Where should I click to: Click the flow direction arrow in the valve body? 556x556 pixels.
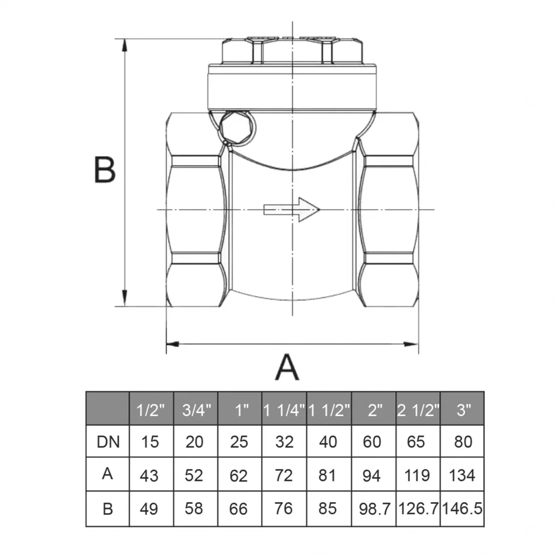(291, 210)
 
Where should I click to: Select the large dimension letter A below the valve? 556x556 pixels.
(287, 368)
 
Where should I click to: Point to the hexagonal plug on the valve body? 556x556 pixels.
(237, 128)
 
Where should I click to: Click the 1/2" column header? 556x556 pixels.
(151, 410)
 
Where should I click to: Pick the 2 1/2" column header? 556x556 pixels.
(418, 410)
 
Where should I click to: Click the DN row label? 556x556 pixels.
(108, 442)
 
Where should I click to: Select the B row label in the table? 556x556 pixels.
(108, 509)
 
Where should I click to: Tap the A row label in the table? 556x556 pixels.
(107, 473)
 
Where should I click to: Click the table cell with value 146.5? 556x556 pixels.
(463, 509)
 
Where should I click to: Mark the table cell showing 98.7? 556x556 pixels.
(374, 509)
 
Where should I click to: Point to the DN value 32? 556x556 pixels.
(284, 442)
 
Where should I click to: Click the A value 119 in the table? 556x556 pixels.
(417, 475)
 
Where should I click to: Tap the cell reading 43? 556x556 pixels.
(149, 475)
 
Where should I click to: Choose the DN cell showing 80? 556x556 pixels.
(463, 442)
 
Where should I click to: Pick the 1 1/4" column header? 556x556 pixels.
(284, 410)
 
